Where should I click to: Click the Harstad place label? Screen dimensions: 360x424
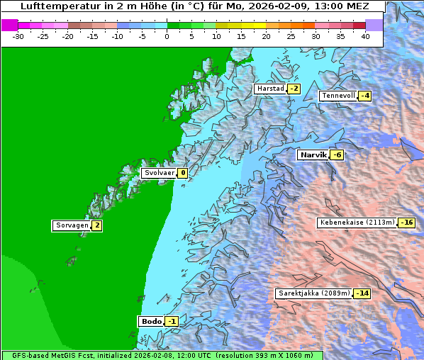[x=270, y=89]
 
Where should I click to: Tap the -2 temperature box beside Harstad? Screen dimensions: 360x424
[x=294, y=89]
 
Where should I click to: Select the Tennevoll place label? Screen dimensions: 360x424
[x=338, y=96]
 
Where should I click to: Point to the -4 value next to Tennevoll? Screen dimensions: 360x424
[x=364, y=96]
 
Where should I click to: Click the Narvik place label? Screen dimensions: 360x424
[x=312, y=154]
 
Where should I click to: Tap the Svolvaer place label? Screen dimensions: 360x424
[x=158, y=173]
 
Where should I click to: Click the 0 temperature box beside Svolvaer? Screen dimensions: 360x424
[x=183, y=173]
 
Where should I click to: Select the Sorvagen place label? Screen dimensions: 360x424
[x=72, y=226]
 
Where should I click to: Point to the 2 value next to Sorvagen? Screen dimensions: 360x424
[x=97, y=226]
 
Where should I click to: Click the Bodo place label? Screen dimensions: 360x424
[x=151, y=322]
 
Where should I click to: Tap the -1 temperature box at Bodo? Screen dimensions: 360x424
[x=172, y=322]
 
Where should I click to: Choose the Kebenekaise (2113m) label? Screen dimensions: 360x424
[x=357, y=223]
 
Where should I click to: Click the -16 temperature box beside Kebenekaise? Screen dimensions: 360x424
[x=406, y=223]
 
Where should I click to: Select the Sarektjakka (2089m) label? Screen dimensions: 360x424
[x=313, y=293]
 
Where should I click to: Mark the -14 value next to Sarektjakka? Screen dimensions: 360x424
[x=362, y=293]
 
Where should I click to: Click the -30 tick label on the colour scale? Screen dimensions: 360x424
[x=18, y=35]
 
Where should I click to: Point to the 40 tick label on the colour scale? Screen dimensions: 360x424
[x=365, y=35]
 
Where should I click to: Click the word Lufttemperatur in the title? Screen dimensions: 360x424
[x=57, y=6]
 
